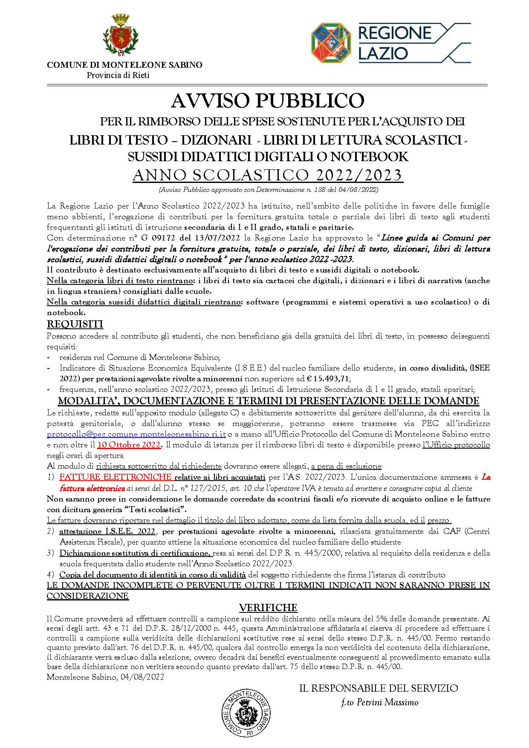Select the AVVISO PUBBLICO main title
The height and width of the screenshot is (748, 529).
click(267, 101)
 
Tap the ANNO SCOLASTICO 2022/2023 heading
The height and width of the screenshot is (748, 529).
click(267, 175)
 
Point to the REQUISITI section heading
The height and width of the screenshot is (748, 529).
click(75, 324)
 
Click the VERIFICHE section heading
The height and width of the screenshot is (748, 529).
click(268, 608)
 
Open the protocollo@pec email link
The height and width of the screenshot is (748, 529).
click(136, 434)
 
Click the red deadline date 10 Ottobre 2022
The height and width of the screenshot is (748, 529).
click(129, 445)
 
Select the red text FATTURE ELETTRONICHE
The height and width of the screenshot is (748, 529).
click(116, 477)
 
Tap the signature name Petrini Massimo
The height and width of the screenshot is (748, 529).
click(379, 702)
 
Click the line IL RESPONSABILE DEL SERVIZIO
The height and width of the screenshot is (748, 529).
click(379, 688)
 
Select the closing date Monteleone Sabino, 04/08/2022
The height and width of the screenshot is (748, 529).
click(105, 677)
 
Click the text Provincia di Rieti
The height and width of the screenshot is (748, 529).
click(118, 75)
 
